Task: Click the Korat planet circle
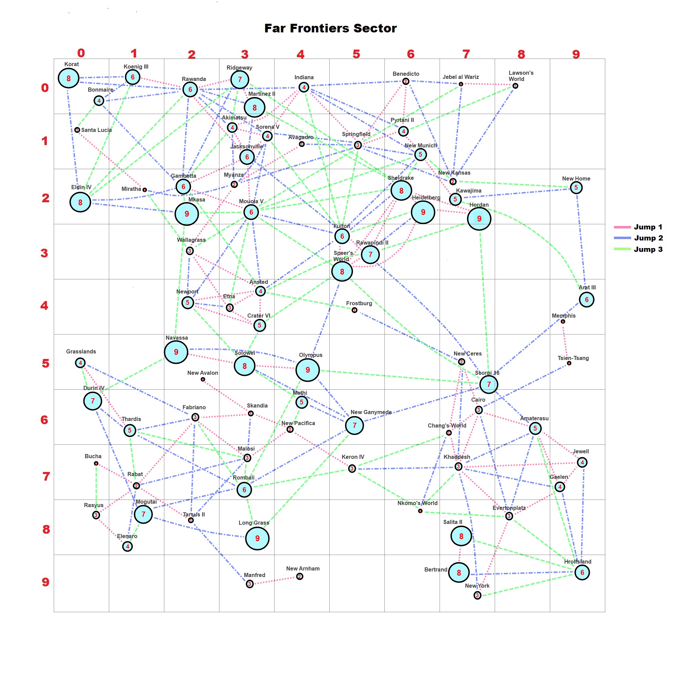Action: click(x=68, y=78)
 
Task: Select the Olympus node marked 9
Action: click(x=307, y=370)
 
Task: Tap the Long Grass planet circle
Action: click(x=257, y=538)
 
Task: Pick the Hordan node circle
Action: click(x=479, y=219)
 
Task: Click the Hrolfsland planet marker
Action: click(x=582, y=572)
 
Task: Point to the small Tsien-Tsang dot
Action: click(x=569, y=363)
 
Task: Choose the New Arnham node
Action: click(x=300, y=576)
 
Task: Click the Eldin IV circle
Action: click(x=80, y=202)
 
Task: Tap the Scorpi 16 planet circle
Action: click(x=489, y=384)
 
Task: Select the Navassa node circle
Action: click(x=176, y=352)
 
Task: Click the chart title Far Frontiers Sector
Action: click(x=330, y=28)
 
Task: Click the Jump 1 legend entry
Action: click(x=638, y=227)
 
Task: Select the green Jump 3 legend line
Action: click(x=622, y=249)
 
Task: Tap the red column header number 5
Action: click(x=356, y=54)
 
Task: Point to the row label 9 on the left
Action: click(x=45, y=582)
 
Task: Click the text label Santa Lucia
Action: click(x=96, y=130)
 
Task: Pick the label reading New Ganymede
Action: click(x=371, y=412)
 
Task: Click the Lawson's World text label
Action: click(x=521, y=75)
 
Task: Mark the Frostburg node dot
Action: click(x=354, y=310)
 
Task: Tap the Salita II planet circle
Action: click(x=461, y=536)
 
